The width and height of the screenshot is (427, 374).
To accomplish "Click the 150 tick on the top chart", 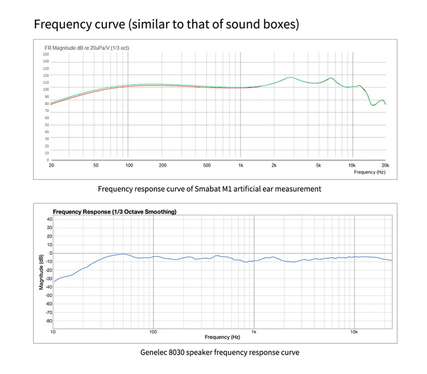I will click(x=46, y=54).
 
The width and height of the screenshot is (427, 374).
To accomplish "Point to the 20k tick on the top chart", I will click(x=385, y=166).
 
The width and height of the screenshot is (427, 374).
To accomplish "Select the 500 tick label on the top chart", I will click(x=206, y=166).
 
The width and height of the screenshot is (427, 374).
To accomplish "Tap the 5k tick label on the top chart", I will click(x=318, y=166).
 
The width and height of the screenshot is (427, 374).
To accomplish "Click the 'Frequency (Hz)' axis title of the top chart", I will click(x=370, y=172).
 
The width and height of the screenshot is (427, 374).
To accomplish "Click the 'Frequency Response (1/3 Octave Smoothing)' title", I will click(x=114, y=211).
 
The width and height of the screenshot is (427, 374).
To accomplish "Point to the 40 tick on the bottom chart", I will click(x=49, y=219).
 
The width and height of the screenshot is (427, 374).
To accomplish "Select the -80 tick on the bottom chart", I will click(x=48, y=321).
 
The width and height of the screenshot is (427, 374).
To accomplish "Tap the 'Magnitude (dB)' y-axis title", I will click(x=41, y=272).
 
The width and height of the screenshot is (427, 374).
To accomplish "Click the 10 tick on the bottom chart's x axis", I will click(x=53, y=332).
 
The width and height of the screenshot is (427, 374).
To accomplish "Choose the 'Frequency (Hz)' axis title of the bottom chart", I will click(x=222, y=337).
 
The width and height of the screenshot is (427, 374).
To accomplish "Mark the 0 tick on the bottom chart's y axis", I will click(x=51, y=253).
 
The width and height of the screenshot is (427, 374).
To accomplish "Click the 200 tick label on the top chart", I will click(x=162, y=166).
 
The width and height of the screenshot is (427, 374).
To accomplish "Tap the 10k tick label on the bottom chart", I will click(x=354, y=332).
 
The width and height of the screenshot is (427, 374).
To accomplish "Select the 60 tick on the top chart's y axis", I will click(x=47, y=118).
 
